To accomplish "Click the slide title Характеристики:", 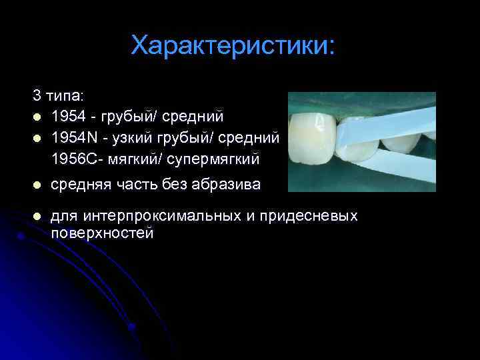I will click(x=234, y=46).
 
